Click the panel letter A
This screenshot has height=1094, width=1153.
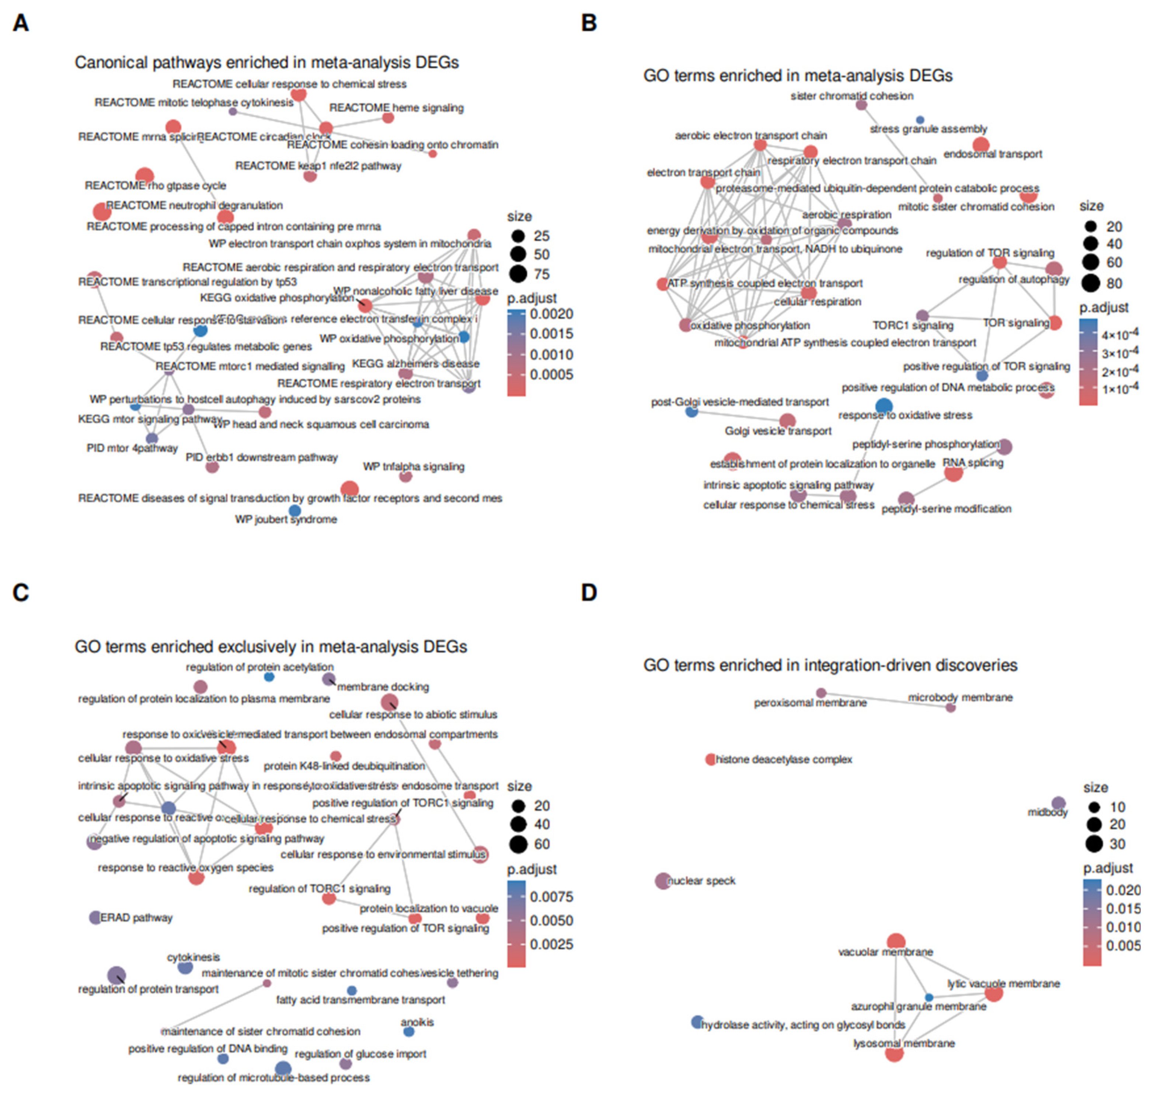click(21, 23)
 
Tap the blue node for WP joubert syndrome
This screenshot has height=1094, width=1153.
click(295, 511)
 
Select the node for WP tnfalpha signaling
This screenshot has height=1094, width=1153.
click(405, 477)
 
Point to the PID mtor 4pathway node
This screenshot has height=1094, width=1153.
click(151, 438)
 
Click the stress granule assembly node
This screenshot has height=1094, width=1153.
click(920, 120)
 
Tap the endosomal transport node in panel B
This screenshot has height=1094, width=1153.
click(981, 144)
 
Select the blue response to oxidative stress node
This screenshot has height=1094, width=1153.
click(884, 406)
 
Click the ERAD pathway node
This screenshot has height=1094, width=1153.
click(95, 918)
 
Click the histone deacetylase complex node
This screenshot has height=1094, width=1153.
click(710, 759)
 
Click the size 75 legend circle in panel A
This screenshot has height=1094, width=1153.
click(518, 273)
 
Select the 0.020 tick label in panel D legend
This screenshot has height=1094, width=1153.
click(1123, 890)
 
